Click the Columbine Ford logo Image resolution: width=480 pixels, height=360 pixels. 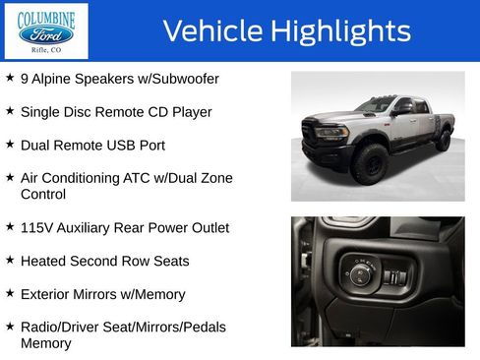tap(45, 31)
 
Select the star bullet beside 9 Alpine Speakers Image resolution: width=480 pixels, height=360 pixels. tap(10, 77)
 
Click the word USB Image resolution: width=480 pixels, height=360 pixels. tap(123, 146)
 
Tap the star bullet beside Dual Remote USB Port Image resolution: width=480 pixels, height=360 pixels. tap(10, 144)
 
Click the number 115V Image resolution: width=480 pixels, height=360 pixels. tap(38, 228)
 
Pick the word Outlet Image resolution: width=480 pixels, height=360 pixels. tap(206, 228)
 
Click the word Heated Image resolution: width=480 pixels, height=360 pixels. tap(45, 262)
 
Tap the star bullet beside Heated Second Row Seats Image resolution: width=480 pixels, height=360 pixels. tap(10, 260)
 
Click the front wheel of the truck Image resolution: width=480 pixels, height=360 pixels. tap(371, 164)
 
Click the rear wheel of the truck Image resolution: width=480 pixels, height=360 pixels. tap(443, 140)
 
